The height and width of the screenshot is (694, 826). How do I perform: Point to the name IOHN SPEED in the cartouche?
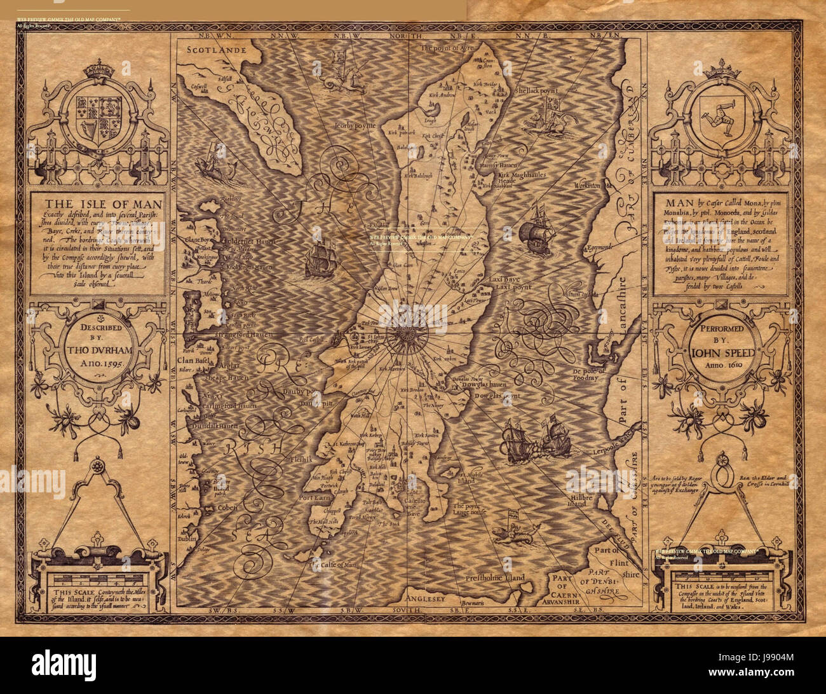tap(721, 354)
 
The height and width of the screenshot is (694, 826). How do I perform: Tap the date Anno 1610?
tap(721, 367)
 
